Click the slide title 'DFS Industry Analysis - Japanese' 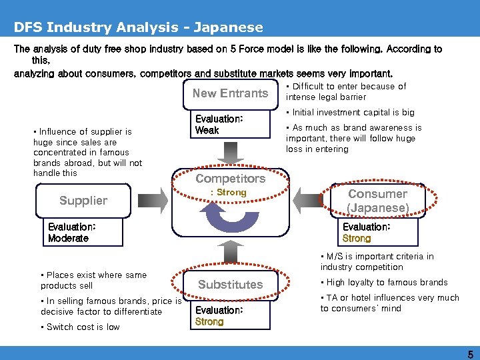[139, 28]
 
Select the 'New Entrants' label [230, 94]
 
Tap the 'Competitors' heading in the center [230, 179]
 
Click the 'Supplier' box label [83, 201]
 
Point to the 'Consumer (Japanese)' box [377, 201]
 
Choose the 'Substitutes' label [231, 285]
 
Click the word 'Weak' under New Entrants [207, 131]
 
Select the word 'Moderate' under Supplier [68, 239]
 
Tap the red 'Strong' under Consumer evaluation [357, 239]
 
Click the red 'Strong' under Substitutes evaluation [209, 322]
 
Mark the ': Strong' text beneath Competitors [229, 193]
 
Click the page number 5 [471, 354]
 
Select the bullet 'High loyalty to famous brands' [387, 283]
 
